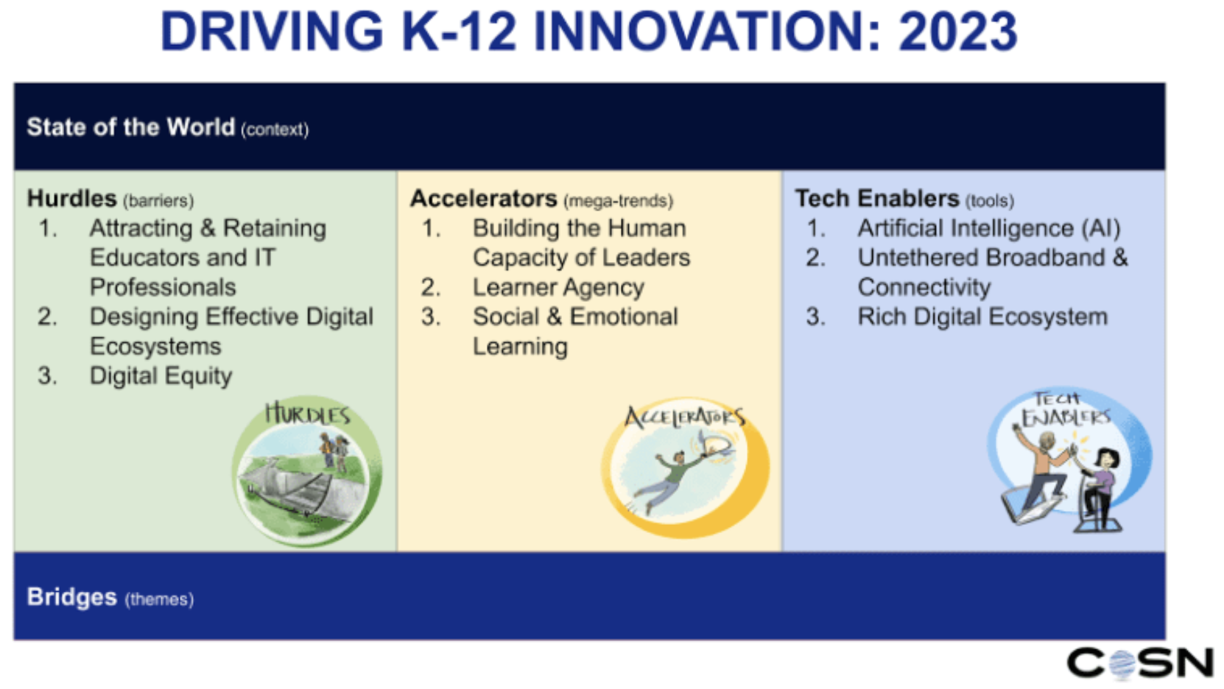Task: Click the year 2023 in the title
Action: (x=958, y=31)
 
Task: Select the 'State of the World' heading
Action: (x=130, y=127)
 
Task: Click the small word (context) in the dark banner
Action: (x=275, y=130)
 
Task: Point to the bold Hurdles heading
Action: (x=71, y=198)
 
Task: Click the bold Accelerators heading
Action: (x=484, y=198)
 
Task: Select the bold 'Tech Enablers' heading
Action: (x=877, y=198)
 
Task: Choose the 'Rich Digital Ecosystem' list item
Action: (x=982, y=317)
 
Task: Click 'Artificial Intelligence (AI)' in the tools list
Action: (x=989, y=229)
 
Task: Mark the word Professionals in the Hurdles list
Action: (x=163, y=287)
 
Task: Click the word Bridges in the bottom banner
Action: (x=71, y=597)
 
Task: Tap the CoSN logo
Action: (x=1140, y=663)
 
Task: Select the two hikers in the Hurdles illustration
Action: (x=334, y=453)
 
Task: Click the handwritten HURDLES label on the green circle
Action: (x=308, y=414)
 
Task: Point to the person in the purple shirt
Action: (x=1100, y=486)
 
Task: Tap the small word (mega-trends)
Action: (x=618, y=202)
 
